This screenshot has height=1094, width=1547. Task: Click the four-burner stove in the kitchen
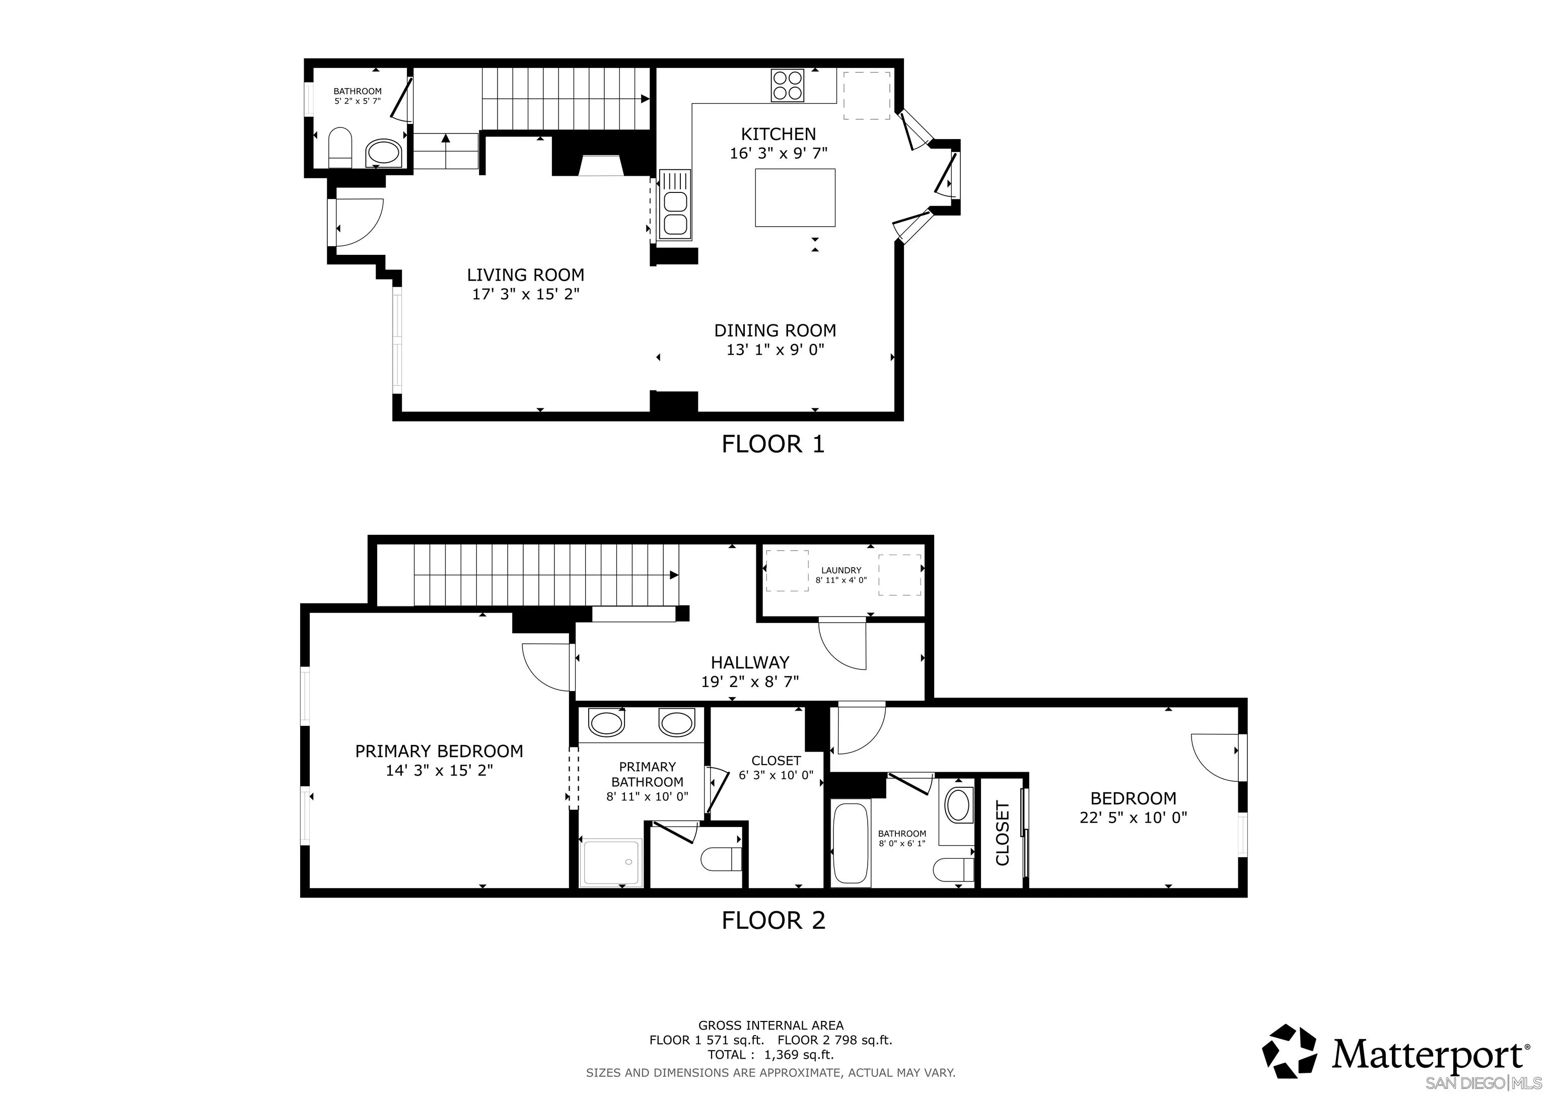point(788,86)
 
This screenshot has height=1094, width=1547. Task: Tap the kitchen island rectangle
point(795,197)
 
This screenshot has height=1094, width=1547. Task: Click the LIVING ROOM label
point(526,275)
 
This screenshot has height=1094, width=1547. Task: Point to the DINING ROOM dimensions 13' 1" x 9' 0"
point(775,350)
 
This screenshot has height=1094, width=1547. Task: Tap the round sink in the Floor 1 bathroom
point(383,154)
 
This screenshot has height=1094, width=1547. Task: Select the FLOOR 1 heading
point(773,444)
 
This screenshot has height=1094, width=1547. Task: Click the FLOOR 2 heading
point(773,920)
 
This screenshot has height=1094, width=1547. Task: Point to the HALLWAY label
point(750,663)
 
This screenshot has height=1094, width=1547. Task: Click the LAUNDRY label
point(841,570)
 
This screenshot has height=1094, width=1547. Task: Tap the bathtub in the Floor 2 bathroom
point(851,843)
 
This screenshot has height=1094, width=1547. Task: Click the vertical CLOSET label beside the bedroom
point(1003,833)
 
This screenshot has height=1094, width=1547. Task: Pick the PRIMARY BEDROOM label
point(439,751)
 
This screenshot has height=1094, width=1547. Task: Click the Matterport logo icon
point(1289,1051)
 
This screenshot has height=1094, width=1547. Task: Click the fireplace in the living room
point(602,156)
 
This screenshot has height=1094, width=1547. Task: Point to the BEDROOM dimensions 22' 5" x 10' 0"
point(1133,817)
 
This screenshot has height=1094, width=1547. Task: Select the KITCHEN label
point(778,134)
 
